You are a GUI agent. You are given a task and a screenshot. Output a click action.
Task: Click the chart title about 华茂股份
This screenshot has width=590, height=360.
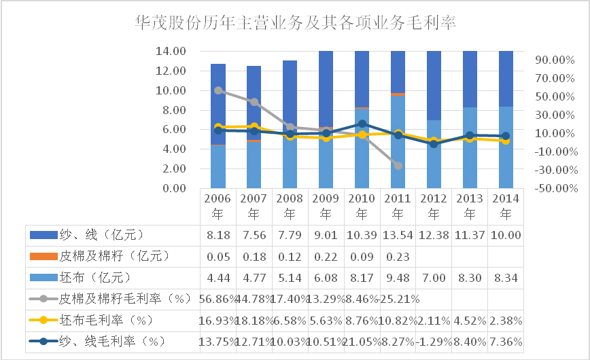click(x=295, y=23)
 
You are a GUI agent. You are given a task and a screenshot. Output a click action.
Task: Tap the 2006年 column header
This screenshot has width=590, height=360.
click(x=218, y=206)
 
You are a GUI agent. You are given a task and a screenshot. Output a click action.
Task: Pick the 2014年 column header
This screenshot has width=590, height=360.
click(x=506, y=206)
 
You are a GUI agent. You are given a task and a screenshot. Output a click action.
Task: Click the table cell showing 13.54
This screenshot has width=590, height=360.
click(x=398, y=235)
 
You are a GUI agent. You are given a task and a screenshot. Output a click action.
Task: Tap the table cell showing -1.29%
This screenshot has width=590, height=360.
click(x=434, y=340)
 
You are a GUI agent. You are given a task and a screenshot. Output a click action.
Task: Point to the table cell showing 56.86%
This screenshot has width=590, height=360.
click(x=218, y=298)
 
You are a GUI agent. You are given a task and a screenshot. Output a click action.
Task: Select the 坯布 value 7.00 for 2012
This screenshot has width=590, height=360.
click(x=434, y=277)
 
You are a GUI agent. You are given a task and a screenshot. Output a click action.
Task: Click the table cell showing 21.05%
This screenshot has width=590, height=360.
click(x=362, y=340)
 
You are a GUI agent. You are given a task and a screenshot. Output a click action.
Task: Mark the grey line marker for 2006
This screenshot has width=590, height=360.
click(x=218, y=90)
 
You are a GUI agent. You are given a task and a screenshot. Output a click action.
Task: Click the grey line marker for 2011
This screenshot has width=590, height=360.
click(x=398, y=166)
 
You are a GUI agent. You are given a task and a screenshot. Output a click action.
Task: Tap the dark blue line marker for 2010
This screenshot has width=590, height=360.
click(x=362, y=124)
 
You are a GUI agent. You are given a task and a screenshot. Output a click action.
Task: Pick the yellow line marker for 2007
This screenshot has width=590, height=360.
click(x=254, y=126)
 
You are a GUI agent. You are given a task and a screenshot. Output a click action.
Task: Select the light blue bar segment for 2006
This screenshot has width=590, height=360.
click(x=218, y=166)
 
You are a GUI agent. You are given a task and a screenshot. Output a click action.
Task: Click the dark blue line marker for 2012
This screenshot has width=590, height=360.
click(x=434, y=144)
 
